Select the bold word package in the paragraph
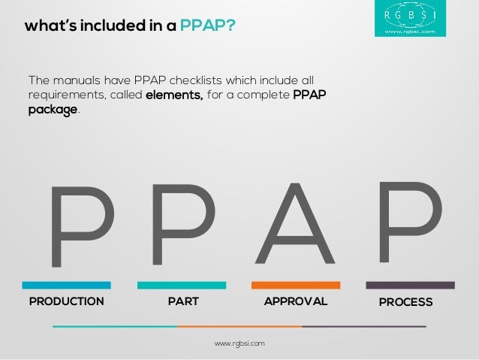(x=53, y=110)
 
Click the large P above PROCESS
(x=408, y=218)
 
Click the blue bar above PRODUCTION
(x=66, y=286)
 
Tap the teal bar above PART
(x=182, y=286)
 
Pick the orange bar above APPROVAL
(x=296, y=286)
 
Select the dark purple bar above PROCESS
(x=410, y=286)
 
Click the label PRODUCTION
(x=66, y=301)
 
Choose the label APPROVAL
(x=296, y=301)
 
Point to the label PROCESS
(x=405, y=302)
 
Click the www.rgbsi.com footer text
(x=239, y=343)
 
